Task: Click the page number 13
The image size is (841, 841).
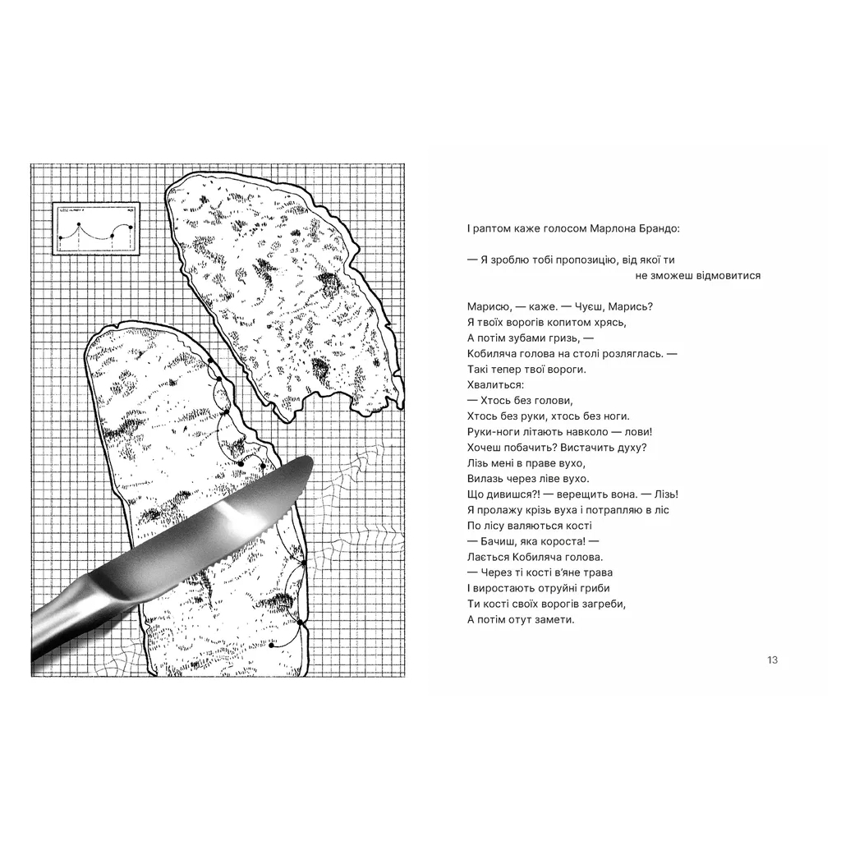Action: click(x=771, y=659)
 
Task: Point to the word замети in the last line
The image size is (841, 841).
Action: click(x=554, y=619)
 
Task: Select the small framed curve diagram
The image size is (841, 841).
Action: click(x=95, y=227)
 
